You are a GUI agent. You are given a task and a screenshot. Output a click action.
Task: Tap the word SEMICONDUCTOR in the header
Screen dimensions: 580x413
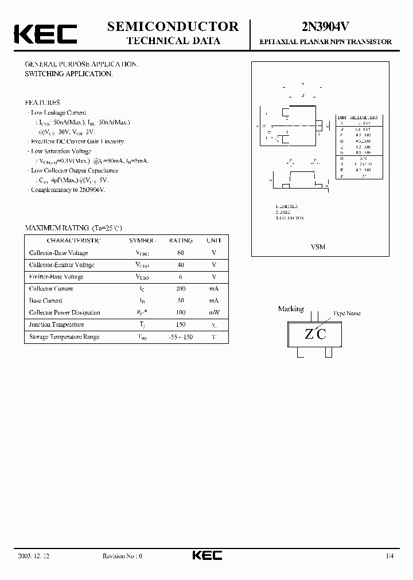[x=173, y=26]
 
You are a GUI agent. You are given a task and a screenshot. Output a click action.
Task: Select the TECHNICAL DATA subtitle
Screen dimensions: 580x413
[x=173, y=41]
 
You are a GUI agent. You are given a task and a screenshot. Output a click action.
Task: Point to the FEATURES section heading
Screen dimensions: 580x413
[x=43, y=103]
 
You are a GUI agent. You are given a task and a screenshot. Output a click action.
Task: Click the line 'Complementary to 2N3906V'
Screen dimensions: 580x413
[x=68, y=190]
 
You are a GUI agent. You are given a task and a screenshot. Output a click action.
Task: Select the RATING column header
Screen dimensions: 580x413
[x=181, y=241]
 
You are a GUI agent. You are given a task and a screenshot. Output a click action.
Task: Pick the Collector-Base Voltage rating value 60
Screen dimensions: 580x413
[x=181, y=253]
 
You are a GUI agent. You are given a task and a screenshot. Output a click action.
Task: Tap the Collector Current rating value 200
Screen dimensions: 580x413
[x=181, y=289]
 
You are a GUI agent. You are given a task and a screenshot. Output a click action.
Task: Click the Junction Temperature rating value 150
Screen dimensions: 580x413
[x=181, y=324]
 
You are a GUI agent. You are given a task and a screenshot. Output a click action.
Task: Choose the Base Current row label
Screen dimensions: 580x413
[x=46, y=301]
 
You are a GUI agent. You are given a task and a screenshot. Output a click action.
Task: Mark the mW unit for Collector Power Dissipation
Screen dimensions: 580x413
[x=214, y=313]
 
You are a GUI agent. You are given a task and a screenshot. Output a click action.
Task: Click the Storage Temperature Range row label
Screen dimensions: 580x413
[x=64, y=337]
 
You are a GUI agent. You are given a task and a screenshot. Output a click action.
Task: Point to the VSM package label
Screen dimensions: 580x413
[x=318, y=247]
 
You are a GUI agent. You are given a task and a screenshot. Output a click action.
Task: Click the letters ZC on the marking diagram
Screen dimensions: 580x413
[x=315, y=334]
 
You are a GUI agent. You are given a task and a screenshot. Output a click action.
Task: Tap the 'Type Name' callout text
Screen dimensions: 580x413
[x=348, y=313]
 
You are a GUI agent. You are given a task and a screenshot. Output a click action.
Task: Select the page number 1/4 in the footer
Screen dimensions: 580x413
[x=390, y=556]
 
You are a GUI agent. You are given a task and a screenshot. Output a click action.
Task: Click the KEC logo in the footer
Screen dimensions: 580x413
[x=206, y=556]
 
